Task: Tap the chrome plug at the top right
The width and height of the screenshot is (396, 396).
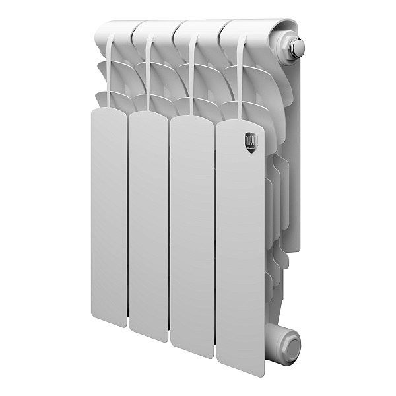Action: tap(294, 48)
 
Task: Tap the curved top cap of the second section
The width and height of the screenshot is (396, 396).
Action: tap(158, 28)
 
